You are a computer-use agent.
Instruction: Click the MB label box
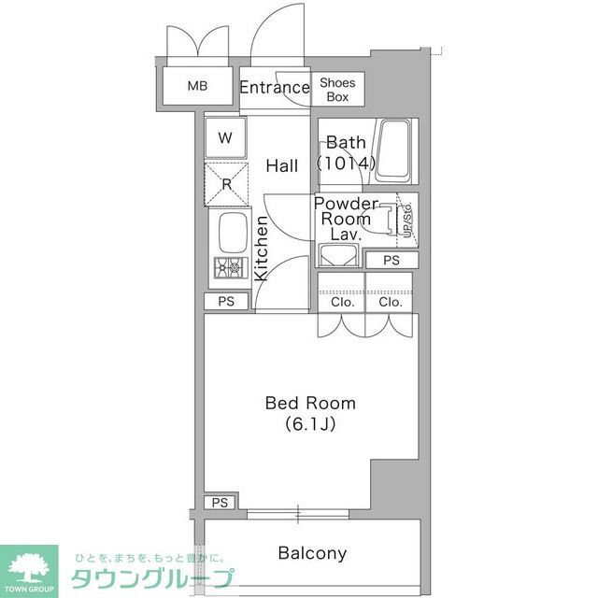coord(196,87)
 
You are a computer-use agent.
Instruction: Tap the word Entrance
coord(274,88)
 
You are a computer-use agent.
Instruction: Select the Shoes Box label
coord(338,89)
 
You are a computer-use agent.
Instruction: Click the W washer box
coord(225,138)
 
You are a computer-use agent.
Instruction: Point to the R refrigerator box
coord(227,184)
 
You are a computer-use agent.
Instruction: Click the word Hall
coord(282,165)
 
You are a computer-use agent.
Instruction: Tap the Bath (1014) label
coord(346,153)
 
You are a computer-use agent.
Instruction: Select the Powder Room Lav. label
coord(345,218)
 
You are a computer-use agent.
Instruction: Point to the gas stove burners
coord(228,268)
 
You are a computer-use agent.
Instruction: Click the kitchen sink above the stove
coord(231,231)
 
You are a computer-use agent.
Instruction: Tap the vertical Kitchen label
coord(262,249)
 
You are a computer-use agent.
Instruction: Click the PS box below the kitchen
coord(226,302)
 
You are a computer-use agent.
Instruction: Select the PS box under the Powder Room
coord(391,260)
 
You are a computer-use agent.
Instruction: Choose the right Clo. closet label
coord(391,302)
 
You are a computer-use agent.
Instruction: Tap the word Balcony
coord(312,553)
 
